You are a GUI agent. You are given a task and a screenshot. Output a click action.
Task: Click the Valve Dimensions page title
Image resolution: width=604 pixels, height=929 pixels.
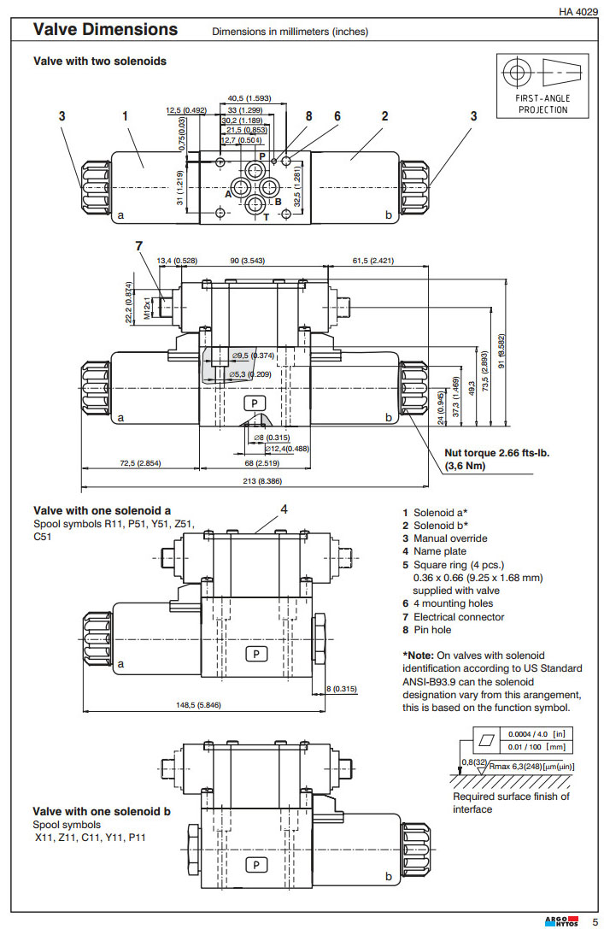105,30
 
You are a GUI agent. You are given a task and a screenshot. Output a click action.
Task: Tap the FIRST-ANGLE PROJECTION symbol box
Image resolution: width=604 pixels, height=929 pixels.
542,85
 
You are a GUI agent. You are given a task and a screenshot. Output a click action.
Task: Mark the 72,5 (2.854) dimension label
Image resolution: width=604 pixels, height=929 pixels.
141,463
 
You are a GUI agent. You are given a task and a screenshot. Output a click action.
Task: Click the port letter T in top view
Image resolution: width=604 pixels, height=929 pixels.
267,216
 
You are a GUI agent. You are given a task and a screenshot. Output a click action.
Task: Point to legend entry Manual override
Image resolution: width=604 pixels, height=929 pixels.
450,538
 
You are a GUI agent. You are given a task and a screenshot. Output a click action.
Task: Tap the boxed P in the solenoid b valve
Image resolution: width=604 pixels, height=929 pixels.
256,864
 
